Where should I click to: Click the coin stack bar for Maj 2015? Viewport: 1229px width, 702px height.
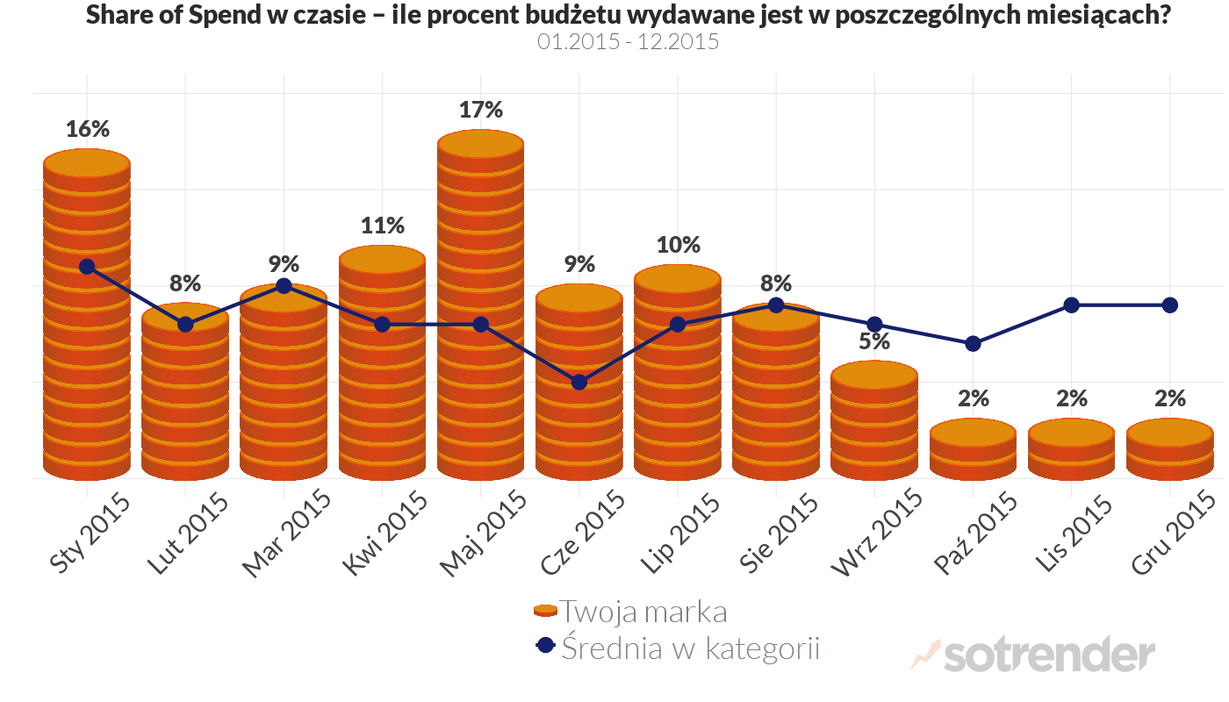[x=480, y=307]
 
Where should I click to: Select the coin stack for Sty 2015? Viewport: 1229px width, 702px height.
[x=87, y=316]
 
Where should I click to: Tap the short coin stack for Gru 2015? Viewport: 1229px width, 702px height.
[x=1169, y=449]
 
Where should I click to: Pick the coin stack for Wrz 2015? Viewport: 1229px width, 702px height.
[x=874, y=421]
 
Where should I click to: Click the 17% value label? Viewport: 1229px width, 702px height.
[x=480, y=111]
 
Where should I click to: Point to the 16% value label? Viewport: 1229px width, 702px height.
[x=88, y=129]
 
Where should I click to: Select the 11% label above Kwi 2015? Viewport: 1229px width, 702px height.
[x=383, y=226]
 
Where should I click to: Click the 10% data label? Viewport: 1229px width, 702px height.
[x=678, y=245]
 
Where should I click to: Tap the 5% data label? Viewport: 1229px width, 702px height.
[x=874, y=341]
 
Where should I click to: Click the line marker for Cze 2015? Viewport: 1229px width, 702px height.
[x=579, y=382]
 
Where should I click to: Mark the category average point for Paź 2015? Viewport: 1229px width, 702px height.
[x=973, y=343]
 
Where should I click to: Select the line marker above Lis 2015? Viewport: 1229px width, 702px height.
[x=1071, y=304]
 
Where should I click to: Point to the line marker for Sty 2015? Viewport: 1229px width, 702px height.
[x=87, y=266]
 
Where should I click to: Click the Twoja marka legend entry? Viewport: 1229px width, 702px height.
[x=630, y=611]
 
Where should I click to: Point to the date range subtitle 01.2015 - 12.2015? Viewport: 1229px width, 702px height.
[x=628, y=41]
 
